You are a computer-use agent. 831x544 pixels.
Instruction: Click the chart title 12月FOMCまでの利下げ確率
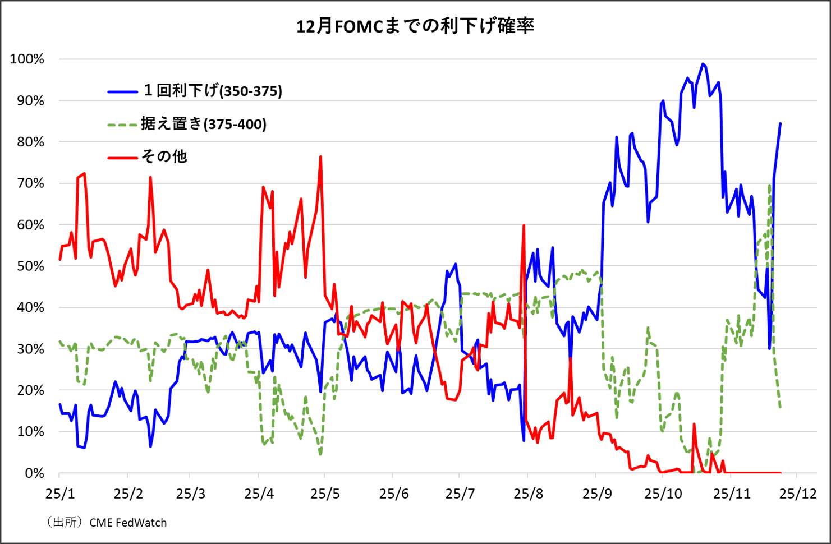tap(415, 26)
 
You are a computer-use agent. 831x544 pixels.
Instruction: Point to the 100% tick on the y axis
tap(27, 59)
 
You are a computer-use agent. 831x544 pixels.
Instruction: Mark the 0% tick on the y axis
tap(34, 473)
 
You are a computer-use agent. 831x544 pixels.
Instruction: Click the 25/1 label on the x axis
tap(60, 494)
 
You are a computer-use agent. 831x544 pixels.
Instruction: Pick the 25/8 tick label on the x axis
tap(528, 494)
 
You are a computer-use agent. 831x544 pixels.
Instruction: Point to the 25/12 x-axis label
tap(797, 494)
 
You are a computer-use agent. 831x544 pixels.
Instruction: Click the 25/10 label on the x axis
tap(663, 494)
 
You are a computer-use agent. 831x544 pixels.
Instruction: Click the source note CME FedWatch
tap(128, 523)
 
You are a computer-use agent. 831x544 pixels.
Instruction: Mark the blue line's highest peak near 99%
tap(703, 64)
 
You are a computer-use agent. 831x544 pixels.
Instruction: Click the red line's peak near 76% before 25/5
tap(320, 157)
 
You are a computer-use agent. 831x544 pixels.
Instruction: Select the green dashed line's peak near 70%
tap(769, 185)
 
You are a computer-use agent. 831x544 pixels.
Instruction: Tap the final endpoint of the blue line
tap(780, 124)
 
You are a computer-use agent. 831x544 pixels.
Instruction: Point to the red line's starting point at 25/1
tap(60, 260)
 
